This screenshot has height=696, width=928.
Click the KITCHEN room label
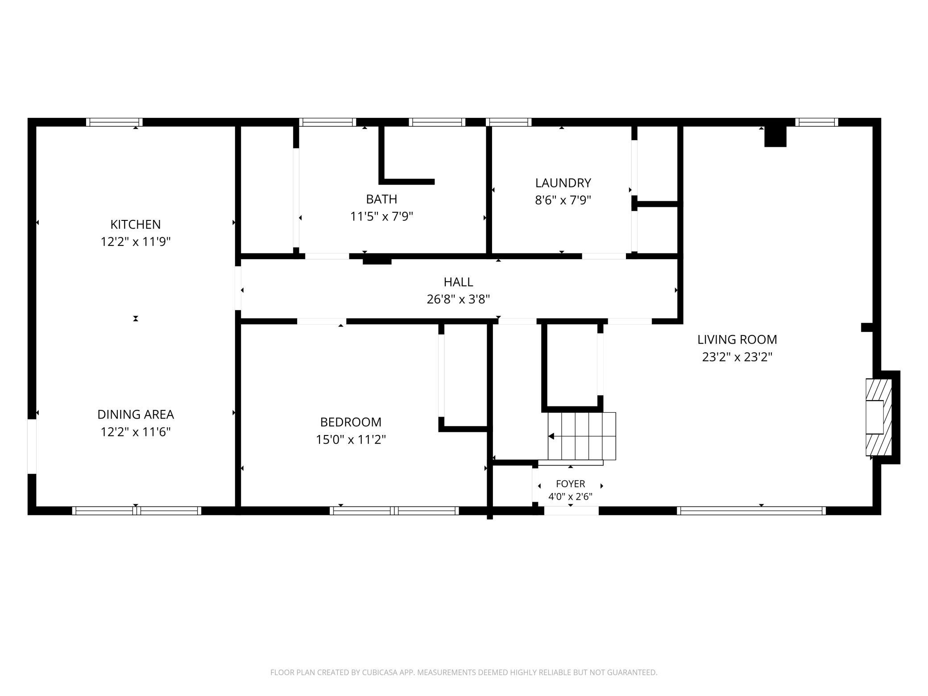[x=136, y=224]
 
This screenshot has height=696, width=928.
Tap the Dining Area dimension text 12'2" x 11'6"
[x=136, y=432]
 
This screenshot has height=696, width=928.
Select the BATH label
[x=381, y=199]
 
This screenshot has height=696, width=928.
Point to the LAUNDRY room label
[x=563, y=183]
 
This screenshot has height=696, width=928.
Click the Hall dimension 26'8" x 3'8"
[x=458, y=299]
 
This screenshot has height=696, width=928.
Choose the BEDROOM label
[x=351, y=422]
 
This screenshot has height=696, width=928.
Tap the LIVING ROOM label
[x=737, y=340]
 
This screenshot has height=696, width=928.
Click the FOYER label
[x=570, y=484]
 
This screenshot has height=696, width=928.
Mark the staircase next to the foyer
[x=582, y=436]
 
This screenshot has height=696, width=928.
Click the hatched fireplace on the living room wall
[x=878, y=417]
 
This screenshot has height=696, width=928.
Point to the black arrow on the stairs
[x=551, y=436]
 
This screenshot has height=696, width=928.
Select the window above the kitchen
[x=114, y=122]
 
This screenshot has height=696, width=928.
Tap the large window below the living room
[x=751, y=511]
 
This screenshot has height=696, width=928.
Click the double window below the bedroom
[x=394, y=511]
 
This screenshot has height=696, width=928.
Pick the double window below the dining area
[x=137, y=511]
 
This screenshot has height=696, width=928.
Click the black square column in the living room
[x=775, y=137]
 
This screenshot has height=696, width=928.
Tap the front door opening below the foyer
[x=571, y=511]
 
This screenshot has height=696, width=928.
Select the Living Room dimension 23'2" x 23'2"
[x=737, y=357]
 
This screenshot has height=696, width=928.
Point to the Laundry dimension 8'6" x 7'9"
[x=563, y=200]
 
